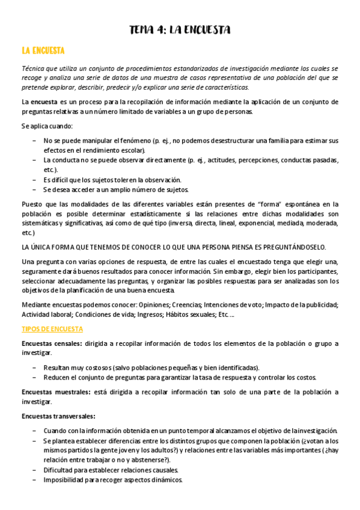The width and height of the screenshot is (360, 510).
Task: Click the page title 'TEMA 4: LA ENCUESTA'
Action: click(180, 29)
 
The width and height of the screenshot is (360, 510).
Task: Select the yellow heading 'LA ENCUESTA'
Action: click(43, 51)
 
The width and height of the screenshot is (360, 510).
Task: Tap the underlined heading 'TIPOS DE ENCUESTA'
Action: click(52, 329)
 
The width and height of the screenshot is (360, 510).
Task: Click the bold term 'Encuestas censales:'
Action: click(51, 344)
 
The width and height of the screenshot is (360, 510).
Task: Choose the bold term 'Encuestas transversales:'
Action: click(58, 416)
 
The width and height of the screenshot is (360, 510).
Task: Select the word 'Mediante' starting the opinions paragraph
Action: click(36, 304)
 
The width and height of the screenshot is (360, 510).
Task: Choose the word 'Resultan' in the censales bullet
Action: click(57, 367)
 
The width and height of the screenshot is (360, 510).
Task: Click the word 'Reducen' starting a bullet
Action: click(56, 377)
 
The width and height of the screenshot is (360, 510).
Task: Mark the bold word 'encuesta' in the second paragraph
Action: click(44, 102)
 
